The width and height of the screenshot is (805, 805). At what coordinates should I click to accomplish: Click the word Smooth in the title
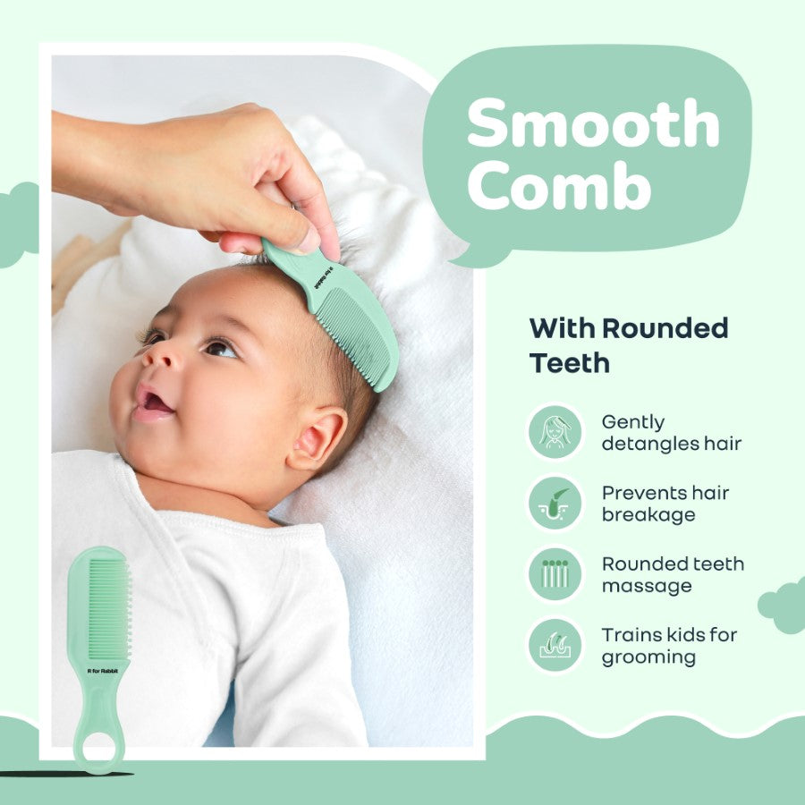coord(594,123)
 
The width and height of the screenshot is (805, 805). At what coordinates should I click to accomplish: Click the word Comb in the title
coord(560,185)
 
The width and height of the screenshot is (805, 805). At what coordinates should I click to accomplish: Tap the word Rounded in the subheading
coord(665,328)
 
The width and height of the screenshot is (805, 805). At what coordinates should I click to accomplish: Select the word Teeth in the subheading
coord(570,362)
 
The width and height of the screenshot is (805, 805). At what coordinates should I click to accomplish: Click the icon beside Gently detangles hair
coord(555,432)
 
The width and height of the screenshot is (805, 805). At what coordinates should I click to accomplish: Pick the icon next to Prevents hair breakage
coord(555,503)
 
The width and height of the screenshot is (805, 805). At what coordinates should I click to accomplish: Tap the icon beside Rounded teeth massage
coord(555,573)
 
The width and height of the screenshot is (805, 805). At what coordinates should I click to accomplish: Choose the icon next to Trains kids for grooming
coord(555,645)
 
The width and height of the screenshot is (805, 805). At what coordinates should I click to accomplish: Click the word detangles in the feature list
coord(649,444)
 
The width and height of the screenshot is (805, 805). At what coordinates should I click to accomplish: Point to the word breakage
coord(648,515)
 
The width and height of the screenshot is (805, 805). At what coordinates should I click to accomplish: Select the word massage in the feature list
coord(647,586)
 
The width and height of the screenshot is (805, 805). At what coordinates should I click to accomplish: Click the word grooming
coord(649,657)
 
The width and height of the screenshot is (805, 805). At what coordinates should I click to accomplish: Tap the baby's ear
coord(318,437)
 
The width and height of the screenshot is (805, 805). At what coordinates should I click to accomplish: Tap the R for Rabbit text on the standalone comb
coord(103,671)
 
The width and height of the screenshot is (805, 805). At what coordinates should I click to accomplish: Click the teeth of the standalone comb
coord(109,609)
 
